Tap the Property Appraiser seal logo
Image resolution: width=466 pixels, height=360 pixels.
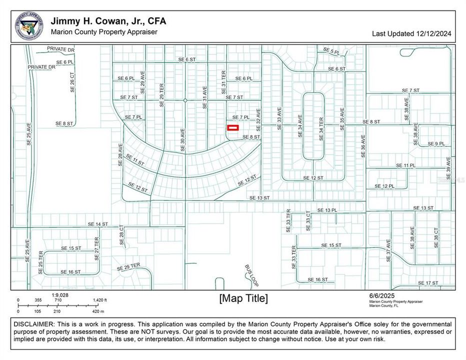(29, 26)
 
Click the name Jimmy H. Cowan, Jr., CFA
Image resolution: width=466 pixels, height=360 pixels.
(108, 21)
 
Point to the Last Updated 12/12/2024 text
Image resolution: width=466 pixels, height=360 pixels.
(411, 34)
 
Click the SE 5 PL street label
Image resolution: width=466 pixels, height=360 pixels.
(331, 51)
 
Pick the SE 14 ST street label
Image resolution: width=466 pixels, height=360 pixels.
(97, 224)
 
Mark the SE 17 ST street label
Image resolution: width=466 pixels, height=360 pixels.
(427, 283)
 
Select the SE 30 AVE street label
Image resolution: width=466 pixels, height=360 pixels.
(183, 138)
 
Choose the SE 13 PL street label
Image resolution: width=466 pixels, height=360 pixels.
(327, 210)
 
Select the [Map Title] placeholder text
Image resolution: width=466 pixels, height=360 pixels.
(243, 298)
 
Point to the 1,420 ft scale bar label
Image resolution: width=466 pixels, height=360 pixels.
(99, 300)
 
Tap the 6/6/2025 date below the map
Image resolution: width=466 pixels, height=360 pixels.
(378, 295)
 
